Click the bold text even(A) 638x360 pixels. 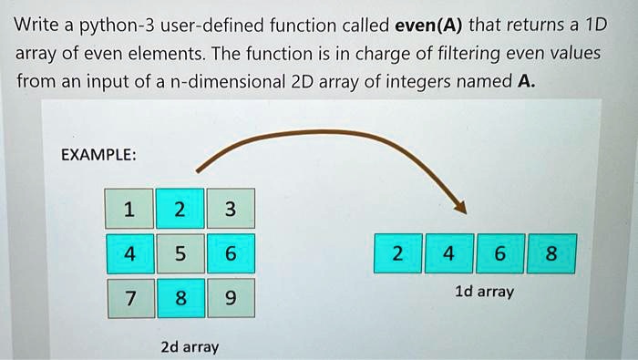429,26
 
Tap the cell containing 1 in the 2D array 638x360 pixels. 129,209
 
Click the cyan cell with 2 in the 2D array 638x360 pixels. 180,209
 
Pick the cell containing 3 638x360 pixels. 231,209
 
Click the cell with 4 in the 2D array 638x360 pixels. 130,253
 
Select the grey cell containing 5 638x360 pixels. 180,253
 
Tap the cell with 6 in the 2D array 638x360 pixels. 232,253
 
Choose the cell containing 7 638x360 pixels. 131,298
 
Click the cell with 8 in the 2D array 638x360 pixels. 181,298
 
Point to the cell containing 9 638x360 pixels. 232,298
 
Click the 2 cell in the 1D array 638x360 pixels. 398,253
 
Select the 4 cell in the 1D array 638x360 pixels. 449,253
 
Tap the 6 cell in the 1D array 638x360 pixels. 500,253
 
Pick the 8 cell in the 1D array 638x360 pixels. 551,253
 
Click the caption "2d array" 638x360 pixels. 190,347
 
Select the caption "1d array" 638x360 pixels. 484,292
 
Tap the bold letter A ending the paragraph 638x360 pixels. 526,81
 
